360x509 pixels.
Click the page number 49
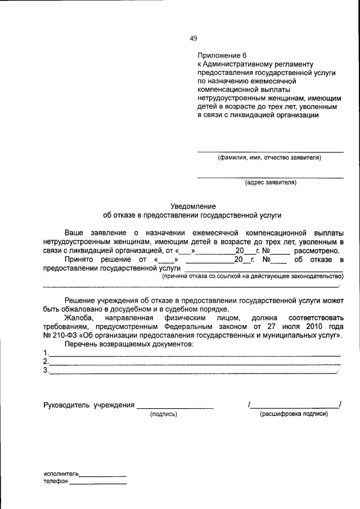[x=193, y=38]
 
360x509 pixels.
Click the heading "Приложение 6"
[x=222, y=56]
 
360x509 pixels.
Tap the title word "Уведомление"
[x=193, y=206]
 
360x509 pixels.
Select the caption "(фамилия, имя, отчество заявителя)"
[x=269, y=158]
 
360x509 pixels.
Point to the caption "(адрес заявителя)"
[x=270, y=183]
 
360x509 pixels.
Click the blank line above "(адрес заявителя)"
[x=270, y=177]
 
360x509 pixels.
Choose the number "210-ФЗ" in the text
[x=66, y=335]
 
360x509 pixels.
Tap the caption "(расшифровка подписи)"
[x=294, y=414]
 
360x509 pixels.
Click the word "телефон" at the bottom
[x=55, y=482]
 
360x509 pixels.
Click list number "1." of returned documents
[x=46, y=353]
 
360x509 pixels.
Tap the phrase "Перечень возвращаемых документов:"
[x=129, y=344]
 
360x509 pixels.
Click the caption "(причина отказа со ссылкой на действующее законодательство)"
[x=253, y=276]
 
